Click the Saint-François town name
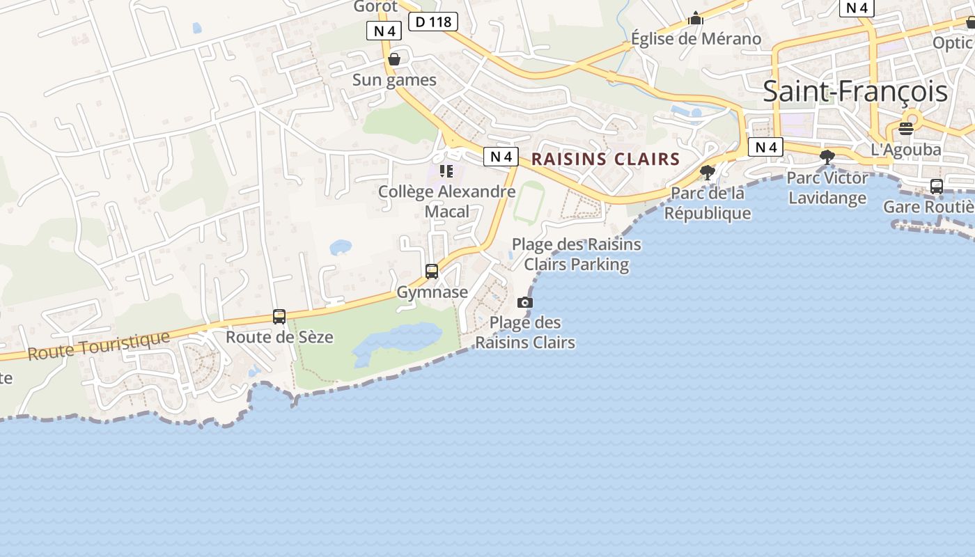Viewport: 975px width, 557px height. pyautogui.click(x=855, y=92)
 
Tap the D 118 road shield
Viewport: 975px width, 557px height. pyautogui.click(x=434, y=22)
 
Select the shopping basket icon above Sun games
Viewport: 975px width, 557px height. pyautogui.click(x=394, y=59)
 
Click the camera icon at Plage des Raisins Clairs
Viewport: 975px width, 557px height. pyautogui.click(x=525, y=302)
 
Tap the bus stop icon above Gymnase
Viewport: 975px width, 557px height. pyautogui.click(x=432, y=271)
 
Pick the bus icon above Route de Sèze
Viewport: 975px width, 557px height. pyautogui.click(x=279, y=317)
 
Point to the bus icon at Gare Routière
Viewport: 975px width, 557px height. pyautogui.click(x=937, y=186)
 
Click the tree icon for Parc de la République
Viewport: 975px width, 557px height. pyautogui.click(x=708, y=172)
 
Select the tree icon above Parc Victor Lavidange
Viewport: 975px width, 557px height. pyautogui.click(x=827, y=157)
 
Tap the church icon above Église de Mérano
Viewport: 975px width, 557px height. pyautogui.click(x=696, y=18)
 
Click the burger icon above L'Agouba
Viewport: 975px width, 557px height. pyautogui.click(x=905, y=129)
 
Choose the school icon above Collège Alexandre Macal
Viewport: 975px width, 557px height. pyautogui.click(x=446, y=171)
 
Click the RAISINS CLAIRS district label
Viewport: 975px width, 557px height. pyautogui.click(x=605, y=159)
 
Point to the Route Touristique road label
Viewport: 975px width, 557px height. pyautogui.click(x=98, y=346)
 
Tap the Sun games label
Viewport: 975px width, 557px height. pyautogui.click(x=394, y=80)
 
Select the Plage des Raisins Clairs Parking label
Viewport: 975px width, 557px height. pyautogui.click(x=577, y=254)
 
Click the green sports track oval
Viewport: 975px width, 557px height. pyautogui.click(x=529, y=202)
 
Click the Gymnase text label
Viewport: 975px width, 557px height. pyautogui.click(x=432, y=292)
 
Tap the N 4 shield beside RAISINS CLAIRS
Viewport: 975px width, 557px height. pyautogui.click(x=501, y=157)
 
